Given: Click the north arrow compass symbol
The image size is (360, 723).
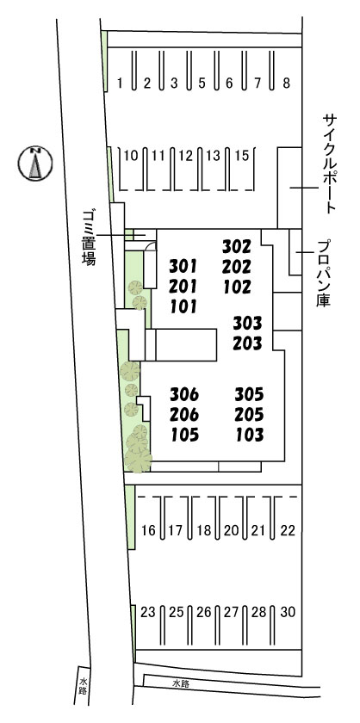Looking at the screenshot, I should (x=35, y=163).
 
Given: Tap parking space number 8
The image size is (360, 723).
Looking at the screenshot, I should (x=287, y=83).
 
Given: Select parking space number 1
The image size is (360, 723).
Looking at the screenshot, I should (x=121, y=83).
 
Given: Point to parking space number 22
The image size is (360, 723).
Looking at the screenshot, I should (x=288, y=530).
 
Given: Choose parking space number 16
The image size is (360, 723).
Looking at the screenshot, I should (x=148, y=530).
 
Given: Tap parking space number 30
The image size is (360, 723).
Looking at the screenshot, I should (x=288, y=613).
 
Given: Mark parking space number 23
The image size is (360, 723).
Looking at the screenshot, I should (x=148, y=613).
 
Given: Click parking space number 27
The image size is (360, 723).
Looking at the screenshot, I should (x=231, y=613).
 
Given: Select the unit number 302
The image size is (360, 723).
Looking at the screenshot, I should (x=236, y=245).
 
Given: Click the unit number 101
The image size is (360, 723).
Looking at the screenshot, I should (x=184, y=306).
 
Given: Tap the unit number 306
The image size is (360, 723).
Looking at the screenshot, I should (x=184, y=395).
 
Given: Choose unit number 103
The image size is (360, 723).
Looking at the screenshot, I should (x=248, y=435).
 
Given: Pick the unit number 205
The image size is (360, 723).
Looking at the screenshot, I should (x=248, y=415).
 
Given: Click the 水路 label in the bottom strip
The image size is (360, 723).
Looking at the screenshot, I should (x=179, y=683).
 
